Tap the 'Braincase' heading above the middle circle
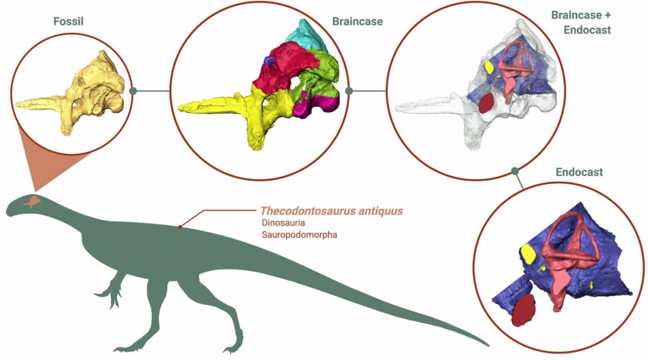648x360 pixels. [357, 22]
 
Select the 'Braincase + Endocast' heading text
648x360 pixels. [581, 22]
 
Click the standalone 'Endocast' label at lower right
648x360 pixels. [579, 172]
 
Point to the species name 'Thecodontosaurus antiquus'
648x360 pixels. [332, 211]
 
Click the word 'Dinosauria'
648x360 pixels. [279, 223]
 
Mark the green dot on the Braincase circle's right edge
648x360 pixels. [349, 91]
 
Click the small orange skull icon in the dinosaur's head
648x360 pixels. [33, 201]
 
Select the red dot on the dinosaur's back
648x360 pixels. [180, 227]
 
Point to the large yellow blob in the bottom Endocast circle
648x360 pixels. [528, 253]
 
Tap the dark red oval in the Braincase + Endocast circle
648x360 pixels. [486, 104]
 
